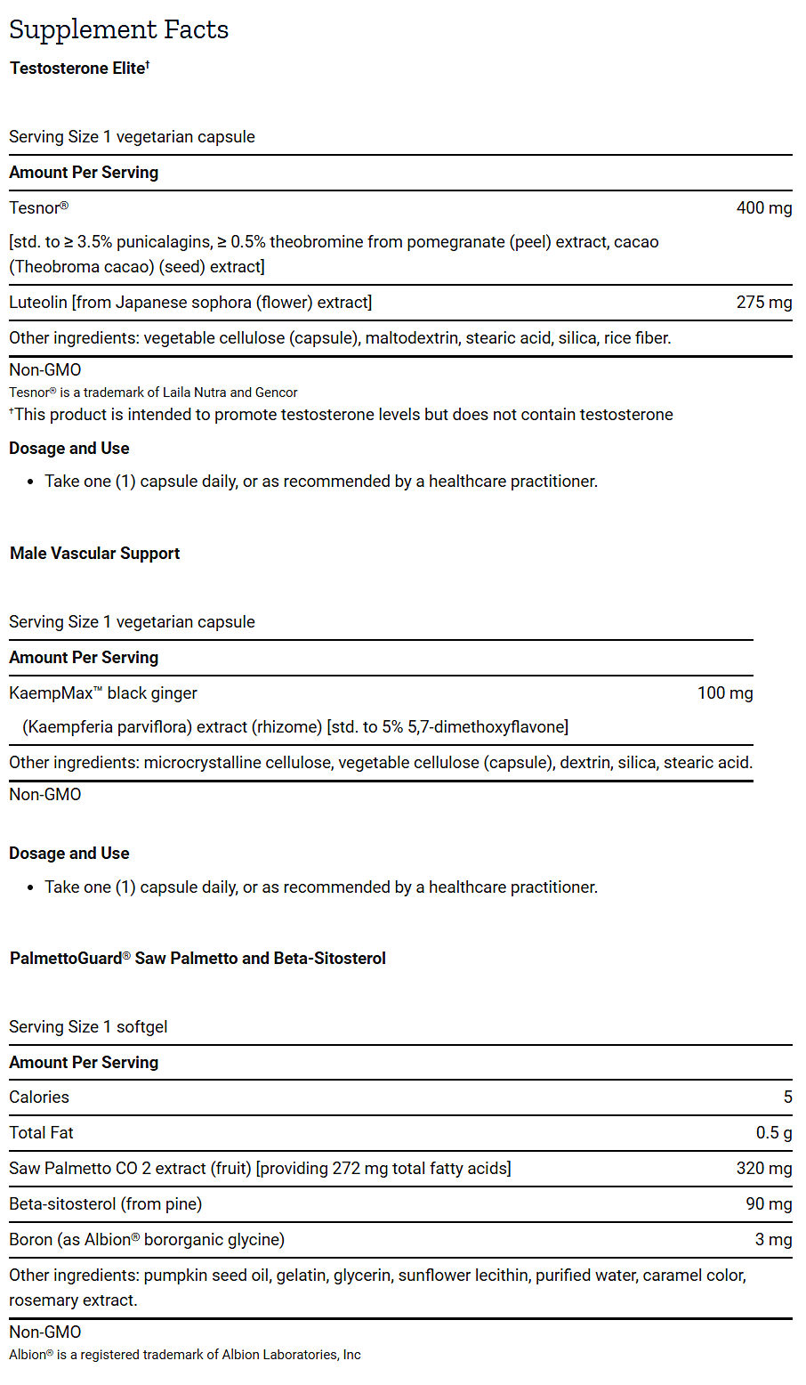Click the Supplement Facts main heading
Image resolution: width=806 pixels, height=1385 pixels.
(118, 29)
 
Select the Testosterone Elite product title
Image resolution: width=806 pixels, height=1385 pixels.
(78, 69)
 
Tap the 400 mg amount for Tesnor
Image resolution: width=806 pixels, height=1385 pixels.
(763, 208)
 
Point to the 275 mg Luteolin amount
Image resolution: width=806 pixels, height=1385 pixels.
(763, 303)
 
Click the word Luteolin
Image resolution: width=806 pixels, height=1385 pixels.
(38, 303)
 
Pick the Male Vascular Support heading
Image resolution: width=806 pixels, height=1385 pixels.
(94, 554)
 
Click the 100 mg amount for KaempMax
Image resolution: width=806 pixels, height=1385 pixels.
(724, 693)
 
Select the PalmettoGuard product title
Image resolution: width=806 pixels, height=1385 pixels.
(197, 959)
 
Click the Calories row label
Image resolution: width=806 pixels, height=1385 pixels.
(39, 1097)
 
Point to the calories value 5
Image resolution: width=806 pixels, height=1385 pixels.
(787, 1097)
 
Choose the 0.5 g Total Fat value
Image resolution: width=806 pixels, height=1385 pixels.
(773, 1133)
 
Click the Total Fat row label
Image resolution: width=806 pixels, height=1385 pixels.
(41, 1133)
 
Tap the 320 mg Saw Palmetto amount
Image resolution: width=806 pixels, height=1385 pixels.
(763, 1169)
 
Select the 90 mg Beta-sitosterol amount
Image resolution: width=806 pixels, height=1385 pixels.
(769, 1204)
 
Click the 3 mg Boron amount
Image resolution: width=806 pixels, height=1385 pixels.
(773, 1240)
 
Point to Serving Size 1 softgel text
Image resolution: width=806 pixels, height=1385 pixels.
(88, 1027)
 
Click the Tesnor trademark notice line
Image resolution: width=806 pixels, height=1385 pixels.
(153, 393)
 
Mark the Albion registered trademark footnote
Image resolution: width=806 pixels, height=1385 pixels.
(184, 1355)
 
